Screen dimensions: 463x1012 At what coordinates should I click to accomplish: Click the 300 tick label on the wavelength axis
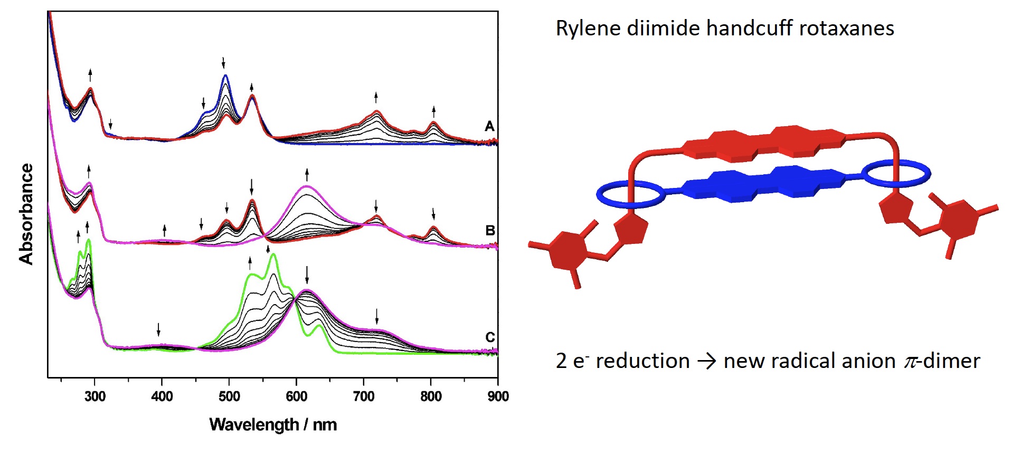click(95, 396)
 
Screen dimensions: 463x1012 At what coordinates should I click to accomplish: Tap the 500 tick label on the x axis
click(229, 396)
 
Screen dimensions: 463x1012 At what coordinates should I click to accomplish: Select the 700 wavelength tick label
click(364, 396)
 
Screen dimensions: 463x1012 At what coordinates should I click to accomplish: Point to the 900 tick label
click(498, 396)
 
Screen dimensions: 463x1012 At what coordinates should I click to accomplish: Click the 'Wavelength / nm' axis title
click(273, 424)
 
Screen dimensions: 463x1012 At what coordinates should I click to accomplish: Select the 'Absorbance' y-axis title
click(26, 213)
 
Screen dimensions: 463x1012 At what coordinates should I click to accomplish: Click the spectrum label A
click(490, 126)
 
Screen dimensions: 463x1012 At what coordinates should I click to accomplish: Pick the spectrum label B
click(490, 231)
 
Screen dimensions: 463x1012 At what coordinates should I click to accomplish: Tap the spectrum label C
click(490, 337)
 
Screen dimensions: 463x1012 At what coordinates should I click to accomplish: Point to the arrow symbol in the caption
click(706, 362)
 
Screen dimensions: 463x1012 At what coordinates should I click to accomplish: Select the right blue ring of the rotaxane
click(896, 174)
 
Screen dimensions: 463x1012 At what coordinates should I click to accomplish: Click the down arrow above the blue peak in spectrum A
click(223, 63)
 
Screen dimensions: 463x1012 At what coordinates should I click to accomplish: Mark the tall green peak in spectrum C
click(273, 256)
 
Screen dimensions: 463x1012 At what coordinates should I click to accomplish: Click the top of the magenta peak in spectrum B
click(307, 186)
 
